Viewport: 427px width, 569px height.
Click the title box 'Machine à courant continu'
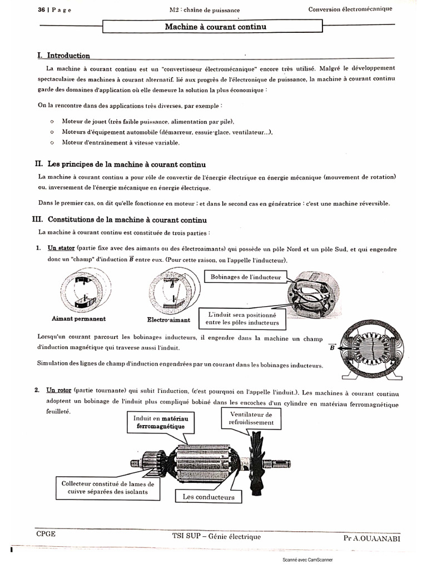point(212,27)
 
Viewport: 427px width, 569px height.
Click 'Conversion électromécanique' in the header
point(350,9)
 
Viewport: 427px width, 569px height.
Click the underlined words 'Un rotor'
point(59,390)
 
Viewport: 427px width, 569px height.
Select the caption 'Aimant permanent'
point(78,319)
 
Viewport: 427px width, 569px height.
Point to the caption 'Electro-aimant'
point(168,320)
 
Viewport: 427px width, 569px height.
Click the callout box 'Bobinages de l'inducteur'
point(245,277)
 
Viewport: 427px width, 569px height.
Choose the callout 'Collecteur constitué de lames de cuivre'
point(107,487)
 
